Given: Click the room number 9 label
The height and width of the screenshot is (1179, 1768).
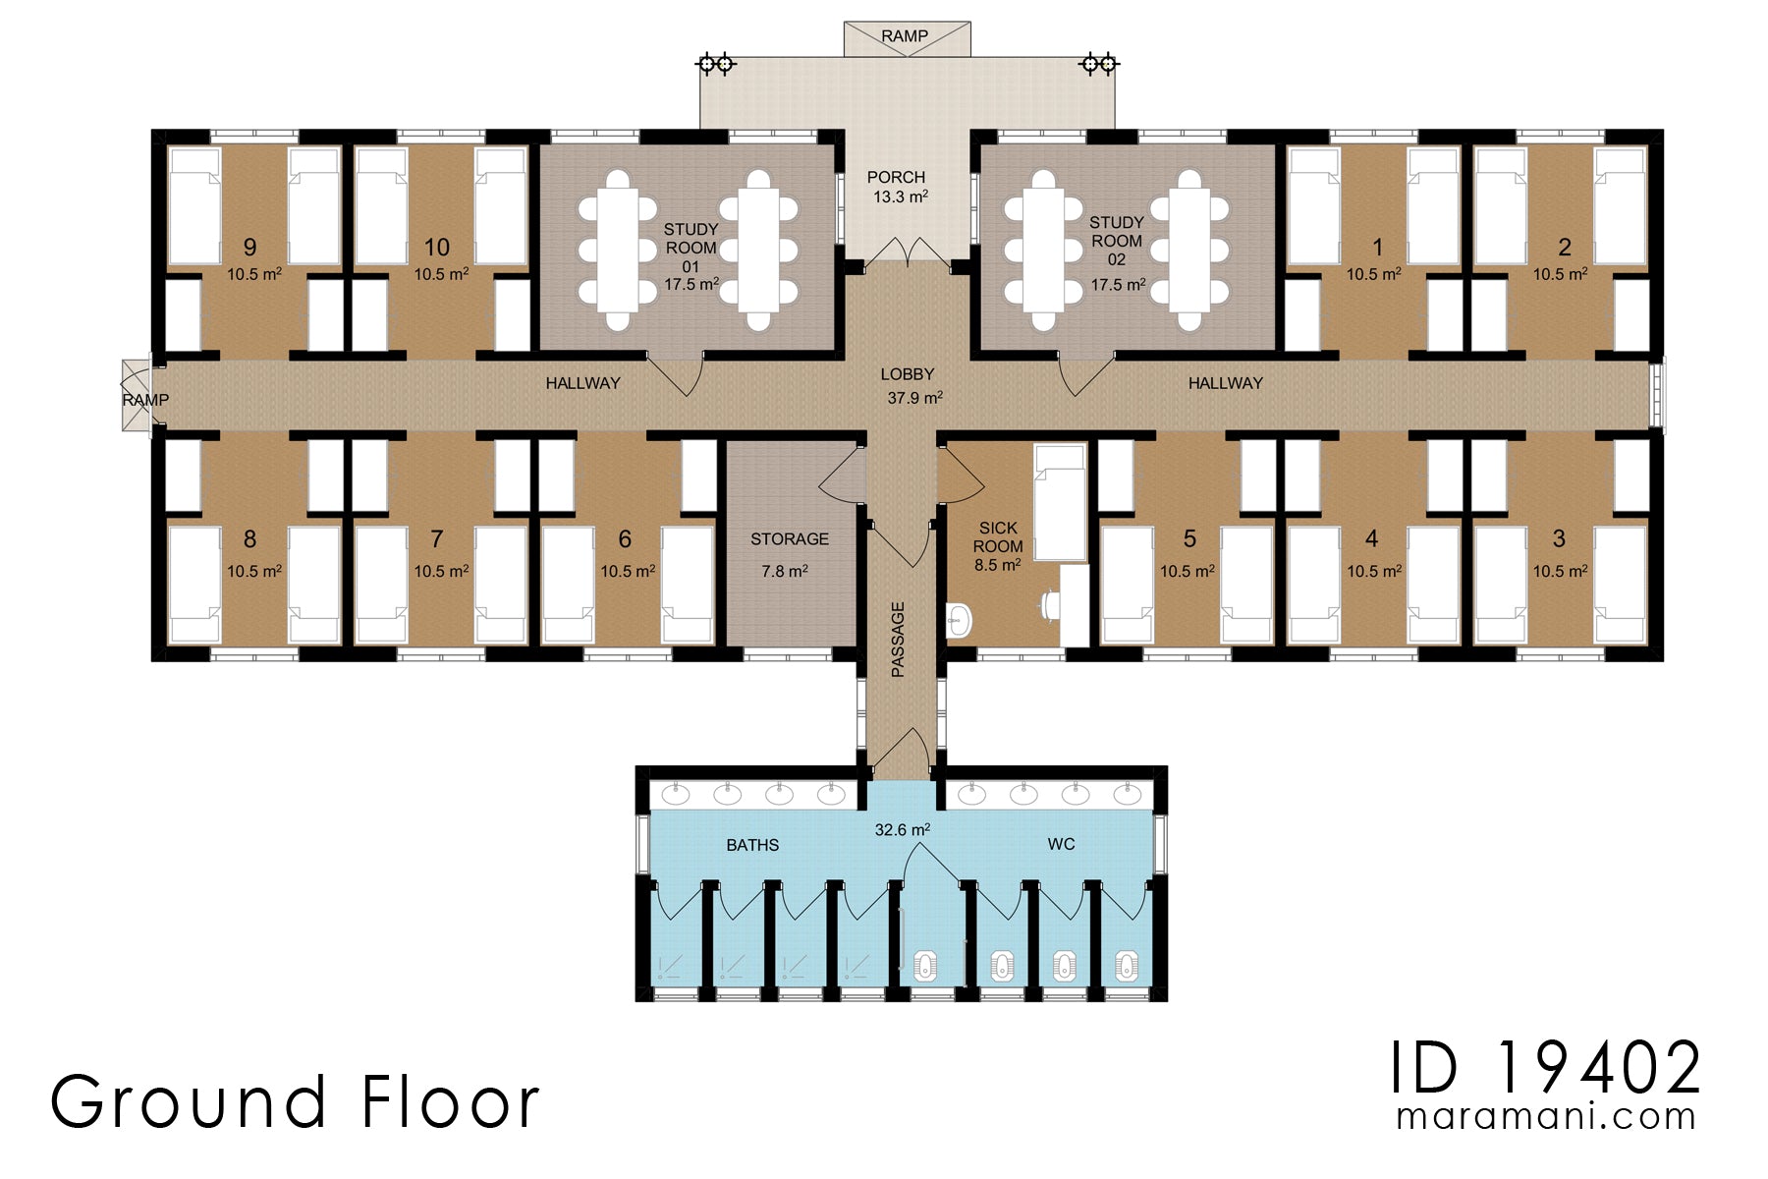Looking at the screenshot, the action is coord(249,247).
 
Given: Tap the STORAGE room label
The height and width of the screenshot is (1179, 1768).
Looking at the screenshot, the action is coord(789,538).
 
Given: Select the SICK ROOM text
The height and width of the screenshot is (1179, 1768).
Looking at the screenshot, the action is coord(998,537).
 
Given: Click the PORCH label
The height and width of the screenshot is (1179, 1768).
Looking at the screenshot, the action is coord(896,177).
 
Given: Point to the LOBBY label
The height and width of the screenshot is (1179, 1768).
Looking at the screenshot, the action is coord(907,374).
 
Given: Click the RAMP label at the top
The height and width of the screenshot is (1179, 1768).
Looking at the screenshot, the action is coord(904,36).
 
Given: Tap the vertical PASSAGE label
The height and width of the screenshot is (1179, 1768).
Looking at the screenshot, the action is coord(898,640).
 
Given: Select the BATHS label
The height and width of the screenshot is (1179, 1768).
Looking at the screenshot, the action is coord(752,845).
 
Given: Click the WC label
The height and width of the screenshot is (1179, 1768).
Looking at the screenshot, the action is coord(1061,844).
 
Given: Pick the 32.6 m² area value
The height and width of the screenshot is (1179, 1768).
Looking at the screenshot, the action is coord(903,830).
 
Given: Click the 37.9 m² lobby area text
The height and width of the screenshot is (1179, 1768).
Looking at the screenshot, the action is coord(914,398).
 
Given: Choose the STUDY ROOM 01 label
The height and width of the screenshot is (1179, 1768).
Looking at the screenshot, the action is coord(691,247).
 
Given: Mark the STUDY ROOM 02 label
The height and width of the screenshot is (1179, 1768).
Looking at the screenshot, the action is coord(1117,241).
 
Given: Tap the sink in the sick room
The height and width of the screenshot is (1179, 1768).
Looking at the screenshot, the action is coord(960,620).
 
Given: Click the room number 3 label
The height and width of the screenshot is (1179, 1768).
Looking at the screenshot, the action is coord(1559,538).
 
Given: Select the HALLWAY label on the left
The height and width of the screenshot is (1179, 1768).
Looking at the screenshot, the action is coord(582,383).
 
